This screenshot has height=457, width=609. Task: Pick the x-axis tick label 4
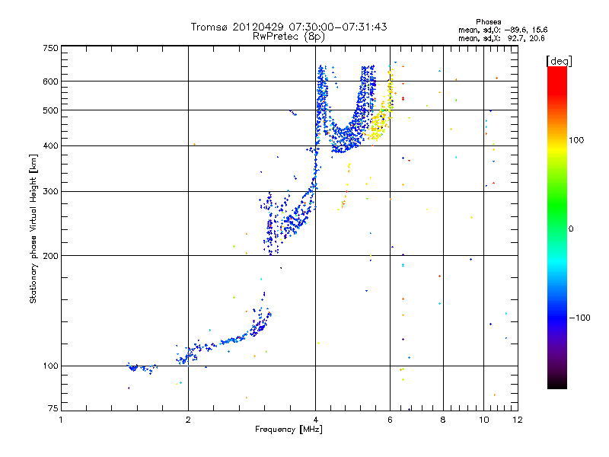[315, 420]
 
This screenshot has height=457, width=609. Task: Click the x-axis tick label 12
[517, 420]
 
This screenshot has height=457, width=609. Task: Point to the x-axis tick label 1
[61, 420]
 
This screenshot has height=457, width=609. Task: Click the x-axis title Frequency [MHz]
[289, 430]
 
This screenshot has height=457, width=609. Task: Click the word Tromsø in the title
[209, 27]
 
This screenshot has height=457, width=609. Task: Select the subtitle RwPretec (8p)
[289, 36]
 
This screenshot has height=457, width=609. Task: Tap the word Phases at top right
[488, 21]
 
